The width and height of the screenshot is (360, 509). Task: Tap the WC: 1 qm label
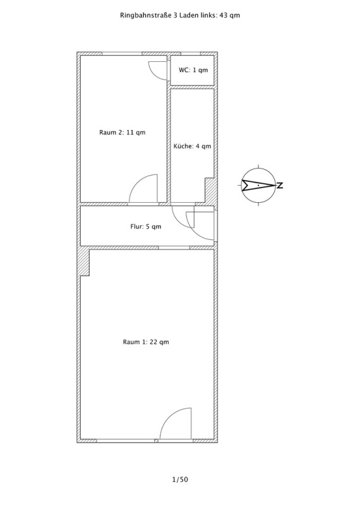pos(193,70)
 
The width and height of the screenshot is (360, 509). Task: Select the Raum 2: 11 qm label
pos(123,133)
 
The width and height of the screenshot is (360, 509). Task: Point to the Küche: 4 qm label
pos(192,146)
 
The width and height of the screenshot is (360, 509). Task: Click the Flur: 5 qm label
pos(146,227)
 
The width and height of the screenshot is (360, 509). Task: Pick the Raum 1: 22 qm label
pos(146,342)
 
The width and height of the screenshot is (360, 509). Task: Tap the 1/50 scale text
pos(180,479)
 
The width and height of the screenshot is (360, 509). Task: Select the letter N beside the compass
pos(280,186)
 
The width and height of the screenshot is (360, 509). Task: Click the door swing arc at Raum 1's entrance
pos(169,416)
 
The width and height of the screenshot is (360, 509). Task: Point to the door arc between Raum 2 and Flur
pos(138,181)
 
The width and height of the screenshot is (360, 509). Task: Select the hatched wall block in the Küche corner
pos(210,191)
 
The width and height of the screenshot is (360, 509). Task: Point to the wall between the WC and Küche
pos(192,87)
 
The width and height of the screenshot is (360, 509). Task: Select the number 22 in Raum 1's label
pos(154,342)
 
